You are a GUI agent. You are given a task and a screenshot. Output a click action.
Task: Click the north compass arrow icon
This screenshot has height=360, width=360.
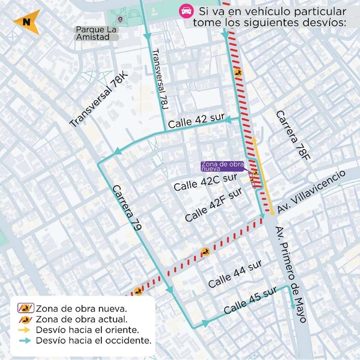(x=26, y=22)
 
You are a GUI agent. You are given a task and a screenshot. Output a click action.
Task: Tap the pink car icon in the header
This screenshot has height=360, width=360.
(x=185, y=11)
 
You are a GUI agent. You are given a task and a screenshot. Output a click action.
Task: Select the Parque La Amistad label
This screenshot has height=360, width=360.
(x=97, y=33)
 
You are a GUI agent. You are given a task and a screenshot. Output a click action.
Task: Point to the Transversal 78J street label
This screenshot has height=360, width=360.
(x=160, y=77)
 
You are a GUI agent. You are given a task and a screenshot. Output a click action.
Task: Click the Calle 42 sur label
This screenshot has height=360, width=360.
(x=196, y=122)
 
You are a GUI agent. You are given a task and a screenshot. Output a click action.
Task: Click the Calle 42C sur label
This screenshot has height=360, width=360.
(x=205, y=182)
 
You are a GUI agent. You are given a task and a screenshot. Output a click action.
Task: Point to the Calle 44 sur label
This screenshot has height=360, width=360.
(x=235, y=274)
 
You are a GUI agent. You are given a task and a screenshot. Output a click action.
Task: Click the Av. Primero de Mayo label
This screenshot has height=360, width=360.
(x=291, y=274)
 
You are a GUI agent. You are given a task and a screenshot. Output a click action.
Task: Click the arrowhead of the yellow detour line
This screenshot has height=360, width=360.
(x=255, y=139)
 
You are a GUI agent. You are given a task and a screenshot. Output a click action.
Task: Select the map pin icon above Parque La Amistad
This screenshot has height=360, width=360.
(x=120, y=18)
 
